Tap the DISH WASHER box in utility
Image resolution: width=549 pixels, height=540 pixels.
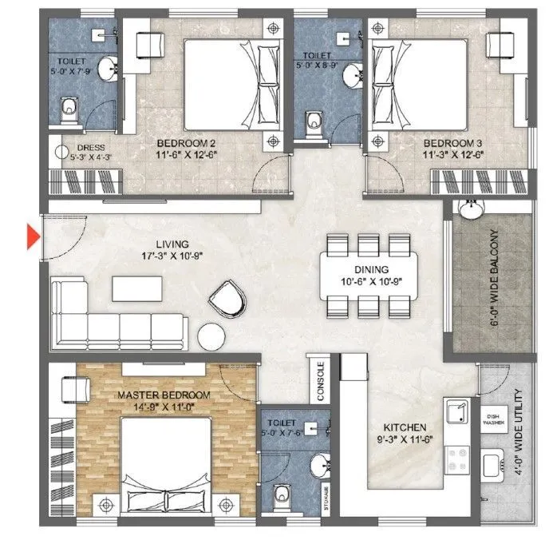492,421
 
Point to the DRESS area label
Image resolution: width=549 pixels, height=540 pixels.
85,152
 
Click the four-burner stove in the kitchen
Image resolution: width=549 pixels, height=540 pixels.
460,459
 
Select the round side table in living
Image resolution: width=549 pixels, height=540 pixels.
212,335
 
